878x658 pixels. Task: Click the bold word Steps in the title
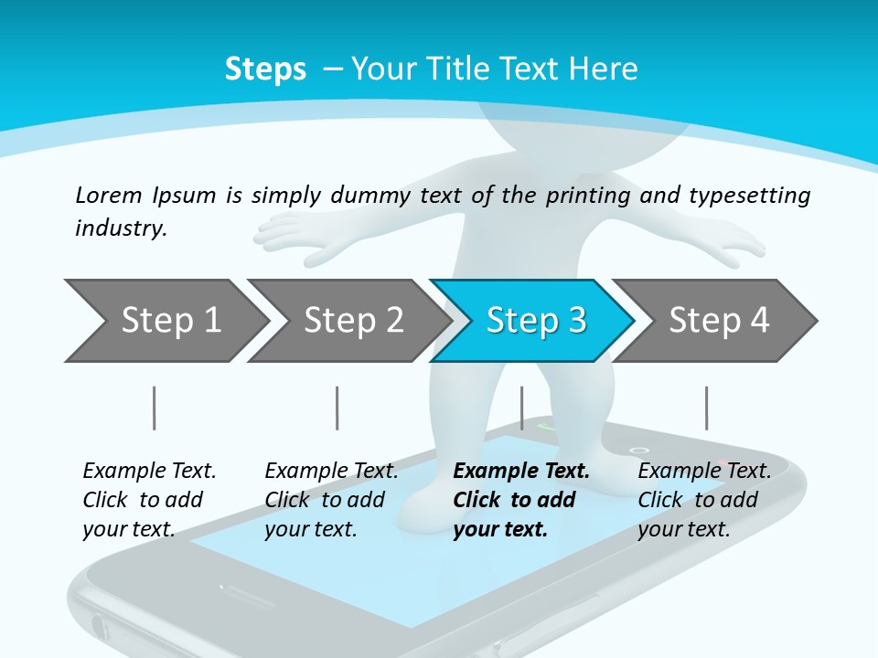click(265, 69)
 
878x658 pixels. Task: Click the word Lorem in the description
click(108, 195)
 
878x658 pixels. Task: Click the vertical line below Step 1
click(155, 408)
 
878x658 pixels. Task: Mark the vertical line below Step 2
click(337, 408)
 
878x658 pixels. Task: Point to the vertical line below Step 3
click(521, 408)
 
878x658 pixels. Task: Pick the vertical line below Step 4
click(706, 408)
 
